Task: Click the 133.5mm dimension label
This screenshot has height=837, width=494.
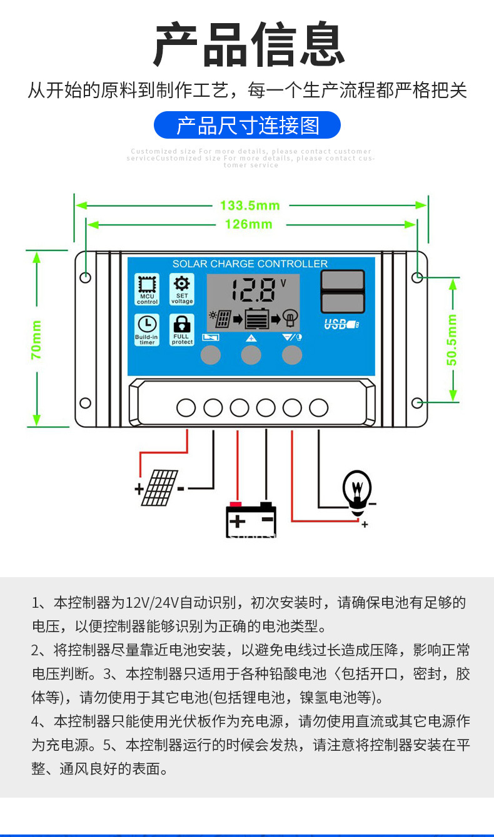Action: click(x=250, y=205)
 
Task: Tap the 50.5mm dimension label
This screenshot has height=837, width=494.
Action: click(x=452, y=340)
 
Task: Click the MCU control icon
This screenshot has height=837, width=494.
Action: click(x=148, y=289)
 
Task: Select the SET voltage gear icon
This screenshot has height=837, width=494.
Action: click(x=182, y=289)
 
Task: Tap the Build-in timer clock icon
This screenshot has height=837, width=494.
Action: click(x=148, y=329)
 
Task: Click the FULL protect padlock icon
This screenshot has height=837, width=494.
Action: click(x=182, y=329)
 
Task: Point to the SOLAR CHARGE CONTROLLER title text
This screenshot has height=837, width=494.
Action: click(x=250, y=264)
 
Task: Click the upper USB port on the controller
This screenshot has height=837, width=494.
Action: click(x=342, y=280)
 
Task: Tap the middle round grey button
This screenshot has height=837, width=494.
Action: click(x=251, y=355)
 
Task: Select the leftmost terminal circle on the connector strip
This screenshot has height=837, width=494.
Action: click(x=186, y=408)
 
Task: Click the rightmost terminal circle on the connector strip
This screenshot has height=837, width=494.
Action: click(x=319, y=408)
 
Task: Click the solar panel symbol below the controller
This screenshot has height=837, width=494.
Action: click(x=159, y=488)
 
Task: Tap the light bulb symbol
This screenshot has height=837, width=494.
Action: click(x=357, y=491)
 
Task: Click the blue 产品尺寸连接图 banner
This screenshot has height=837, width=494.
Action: click(x=248, y=125)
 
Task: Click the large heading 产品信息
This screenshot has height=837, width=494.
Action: click(x=248, y=45)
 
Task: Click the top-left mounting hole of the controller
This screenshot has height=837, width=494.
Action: click(x=86, y=277)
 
